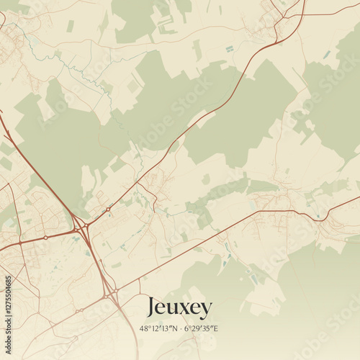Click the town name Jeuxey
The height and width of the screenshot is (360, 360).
click(179, 308)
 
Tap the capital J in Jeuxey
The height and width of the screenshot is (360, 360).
click(151, 307)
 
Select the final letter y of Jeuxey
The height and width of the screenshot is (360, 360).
click(207, 310)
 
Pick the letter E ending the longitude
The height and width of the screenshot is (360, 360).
click(216, 328)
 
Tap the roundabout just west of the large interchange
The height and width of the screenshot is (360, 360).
click(45, 237)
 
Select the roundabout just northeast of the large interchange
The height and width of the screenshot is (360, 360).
click(108, 210)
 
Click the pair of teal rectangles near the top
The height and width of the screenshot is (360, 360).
click(230, 49)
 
